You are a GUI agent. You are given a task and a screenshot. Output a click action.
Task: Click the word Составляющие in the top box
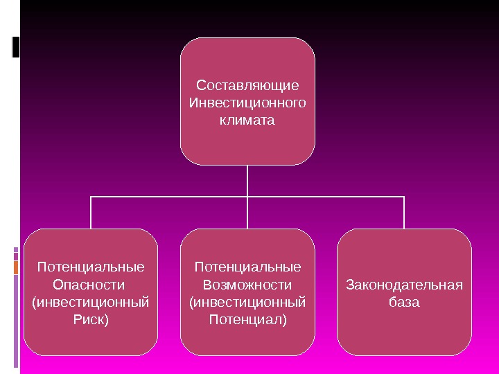(x=247, y=86)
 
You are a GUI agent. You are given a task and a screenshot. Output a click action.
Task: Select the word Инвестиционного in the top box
(x=247, y=103)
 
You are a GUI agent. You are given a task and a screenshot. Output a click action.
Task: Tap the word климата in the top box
(x=247, y=121)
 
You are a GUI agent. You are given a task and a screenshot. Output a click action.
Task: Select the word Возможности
(x=247, y=285)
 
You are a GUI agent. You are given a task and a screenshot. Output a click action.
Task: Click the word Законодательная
(x=404, y=285)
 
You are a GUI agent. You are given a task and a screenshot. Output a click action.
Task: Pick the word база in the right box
(x=404, y=303)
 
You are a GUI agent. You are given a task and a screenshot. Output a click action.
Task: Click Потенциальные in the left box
(x=91, y=267)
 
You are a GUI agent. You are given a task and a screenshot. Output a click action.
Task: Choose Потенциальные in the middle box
(x=247, y=267)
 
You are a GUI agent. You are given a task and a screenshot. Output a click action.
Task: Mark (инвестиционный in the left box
(x=91, y=302)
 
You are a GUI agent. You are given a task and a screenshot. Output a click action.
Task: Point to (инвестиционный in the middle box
(x=247, y=302)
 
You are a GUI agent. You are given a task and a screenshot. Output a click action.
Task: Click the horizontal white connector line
(x=173, y=197)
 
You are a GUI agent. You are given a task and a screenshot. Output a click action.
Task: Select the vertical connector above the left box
(x=91, y=213)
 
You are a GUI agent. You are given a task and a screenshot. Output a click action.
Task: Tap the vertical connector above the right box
(x=404, y=213)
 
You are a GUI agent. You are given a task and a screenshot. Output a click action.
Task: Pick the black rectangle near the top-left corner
(x=16, y=46)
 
